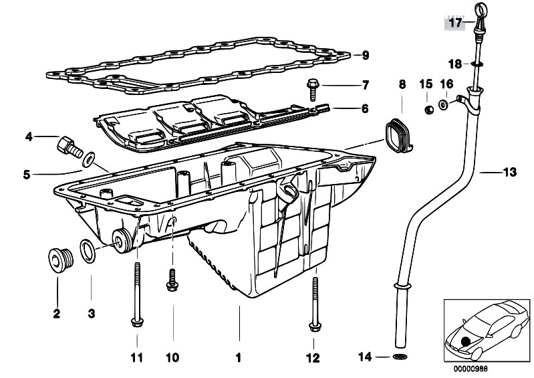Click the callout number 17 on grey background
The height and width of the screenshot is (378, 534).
pos(455,23)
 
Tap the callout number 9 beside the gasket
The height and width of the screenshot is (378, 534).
pos(366,56)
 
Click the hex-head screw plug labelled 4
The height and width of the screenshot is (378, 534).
pos(70,147)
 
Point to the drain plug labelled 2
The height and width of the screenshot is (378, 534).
pos(61,260)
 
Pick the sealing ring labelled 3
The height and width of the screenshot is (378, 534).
pos(88,251)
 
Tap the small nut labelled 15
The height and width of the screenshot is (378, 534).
pos(430,110)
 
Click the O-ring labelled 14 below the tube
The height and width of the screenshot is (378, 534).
pos(400,357)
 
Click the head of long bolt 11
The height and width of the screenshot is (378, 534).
pos(137,322)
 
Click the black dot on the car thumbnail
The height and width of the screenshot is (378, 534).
pos(465,342)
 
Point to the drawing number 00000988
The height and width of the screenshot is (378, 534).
pos(471,369)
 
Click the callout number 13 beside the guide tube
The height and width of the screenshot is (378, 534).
pos(510,172)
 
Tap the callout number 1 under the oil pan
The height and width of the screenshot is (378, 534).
pos(239,357)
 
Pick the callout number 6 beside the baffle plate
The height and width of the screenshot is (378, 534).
pos(365,108)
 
